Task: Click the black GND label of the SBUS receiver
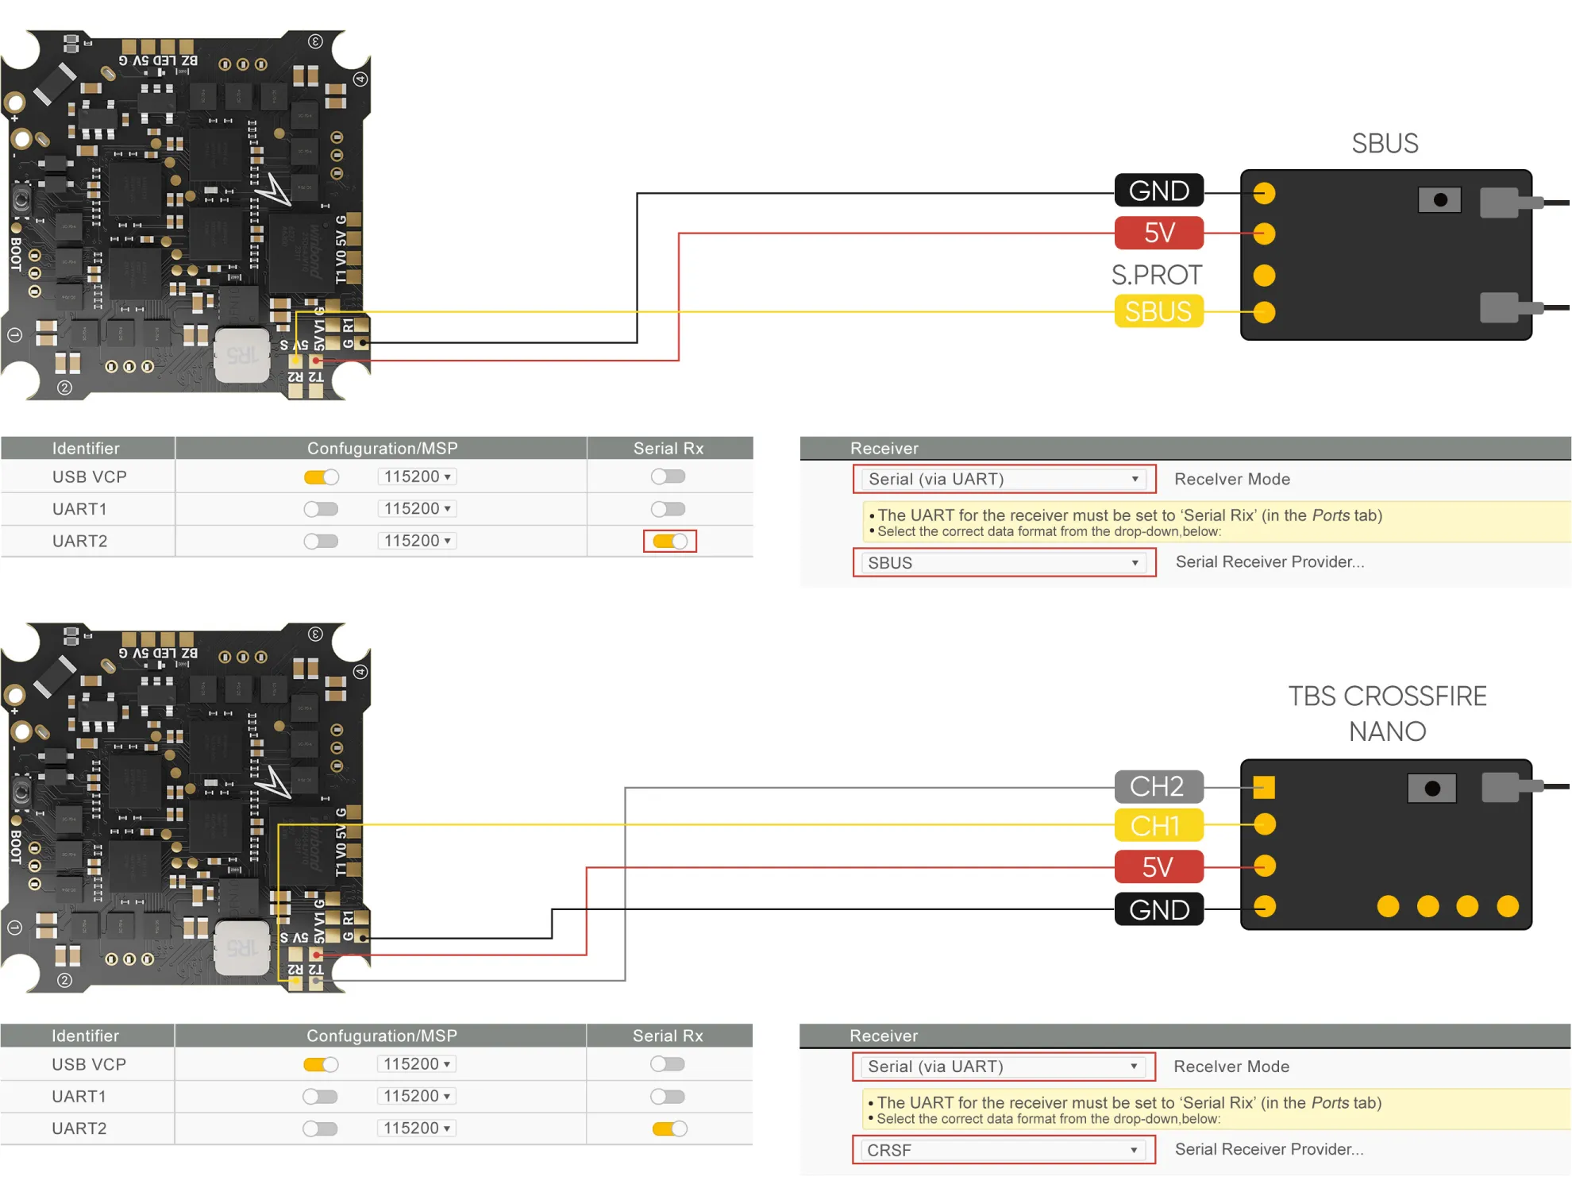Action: (1158, 191)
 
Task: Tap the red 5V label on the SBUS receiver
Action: (1158, 233)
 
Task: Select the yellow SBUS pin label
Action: (1158, 311)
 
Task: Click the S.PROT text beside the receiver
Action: (1156, 275)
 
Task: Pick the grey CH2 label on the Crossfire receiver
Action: (1158, 786)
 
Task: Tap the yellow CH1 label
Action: (1158, 826)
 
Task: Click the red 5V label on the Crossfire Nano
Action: (1158, 866)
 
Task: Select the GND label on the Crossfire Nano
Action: (1158, 909)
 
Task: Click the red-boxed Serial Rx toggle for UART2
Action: (669, 541)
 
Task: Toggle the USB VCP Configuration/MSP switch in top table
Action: (321, 476)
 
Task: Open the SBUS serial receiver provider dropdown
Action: (1004, 562)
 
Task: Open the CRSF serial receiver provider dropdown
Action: (1003, 1150)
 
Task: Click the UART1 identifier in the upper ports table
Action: (79, 508)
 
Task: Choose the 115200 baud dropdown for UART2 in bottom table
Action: (417, 1128)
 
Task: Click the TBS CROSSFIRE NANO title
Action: (1387, 713)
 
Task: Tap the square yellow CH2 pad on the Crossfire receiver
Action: (1264, 787)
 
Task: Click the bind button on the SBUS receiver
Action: (1439, 200)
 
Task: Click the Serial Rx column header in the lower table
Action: (668, 1036)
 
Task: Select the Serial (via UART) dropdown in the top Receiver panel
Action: (1004, 479)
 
